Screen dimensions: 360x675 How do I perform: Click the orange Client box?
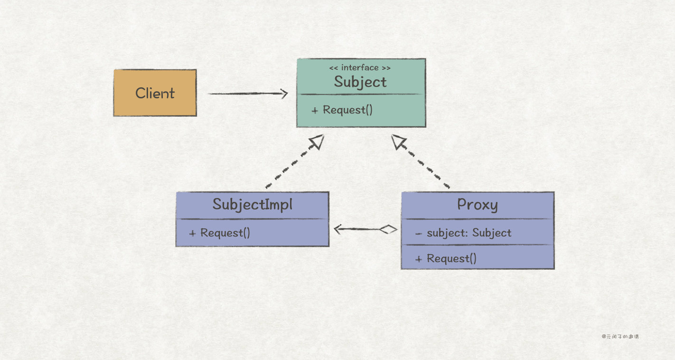click(x=155, y=93)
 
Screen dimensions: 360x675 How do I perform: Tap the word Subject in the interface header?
click(x=360, y=82)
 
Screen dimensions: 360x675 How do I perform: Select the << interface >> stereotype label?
click(x=360, y=68)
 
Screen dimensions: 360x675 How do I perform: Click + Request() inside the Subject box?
click(x=342, y=110)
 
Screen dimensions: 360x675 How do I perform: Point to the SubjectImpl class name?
click(x=252, y=204)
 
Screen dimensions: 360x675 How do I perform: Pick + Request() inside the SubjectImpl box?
click(x=219, y=233)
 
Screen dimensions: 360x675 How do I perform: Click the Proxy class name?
click(x=477, y=204)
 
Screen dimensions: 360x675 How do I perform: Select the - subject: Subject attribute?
click(x=463, y=233)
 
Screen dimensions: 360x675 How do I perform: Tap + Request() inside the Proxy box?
click(x=446, y=258)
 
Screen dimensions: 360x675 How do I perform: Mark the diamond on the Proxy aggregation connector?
click(x=388, y=230)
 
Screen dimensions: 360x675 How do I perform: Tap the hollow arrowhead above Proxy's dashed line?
click(x=399, y=142)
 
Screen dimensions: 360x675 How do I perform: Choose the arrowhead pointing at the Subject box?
click(x=283, y=94)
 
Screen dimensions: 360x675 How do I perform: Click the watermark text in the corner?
click(x=620, y=337)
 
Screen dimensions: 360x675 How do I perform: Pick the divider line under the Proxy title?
click(x=477, y=219)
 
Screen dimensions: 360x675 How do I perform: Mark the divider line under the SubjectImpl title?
click(x=252, y=219)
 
